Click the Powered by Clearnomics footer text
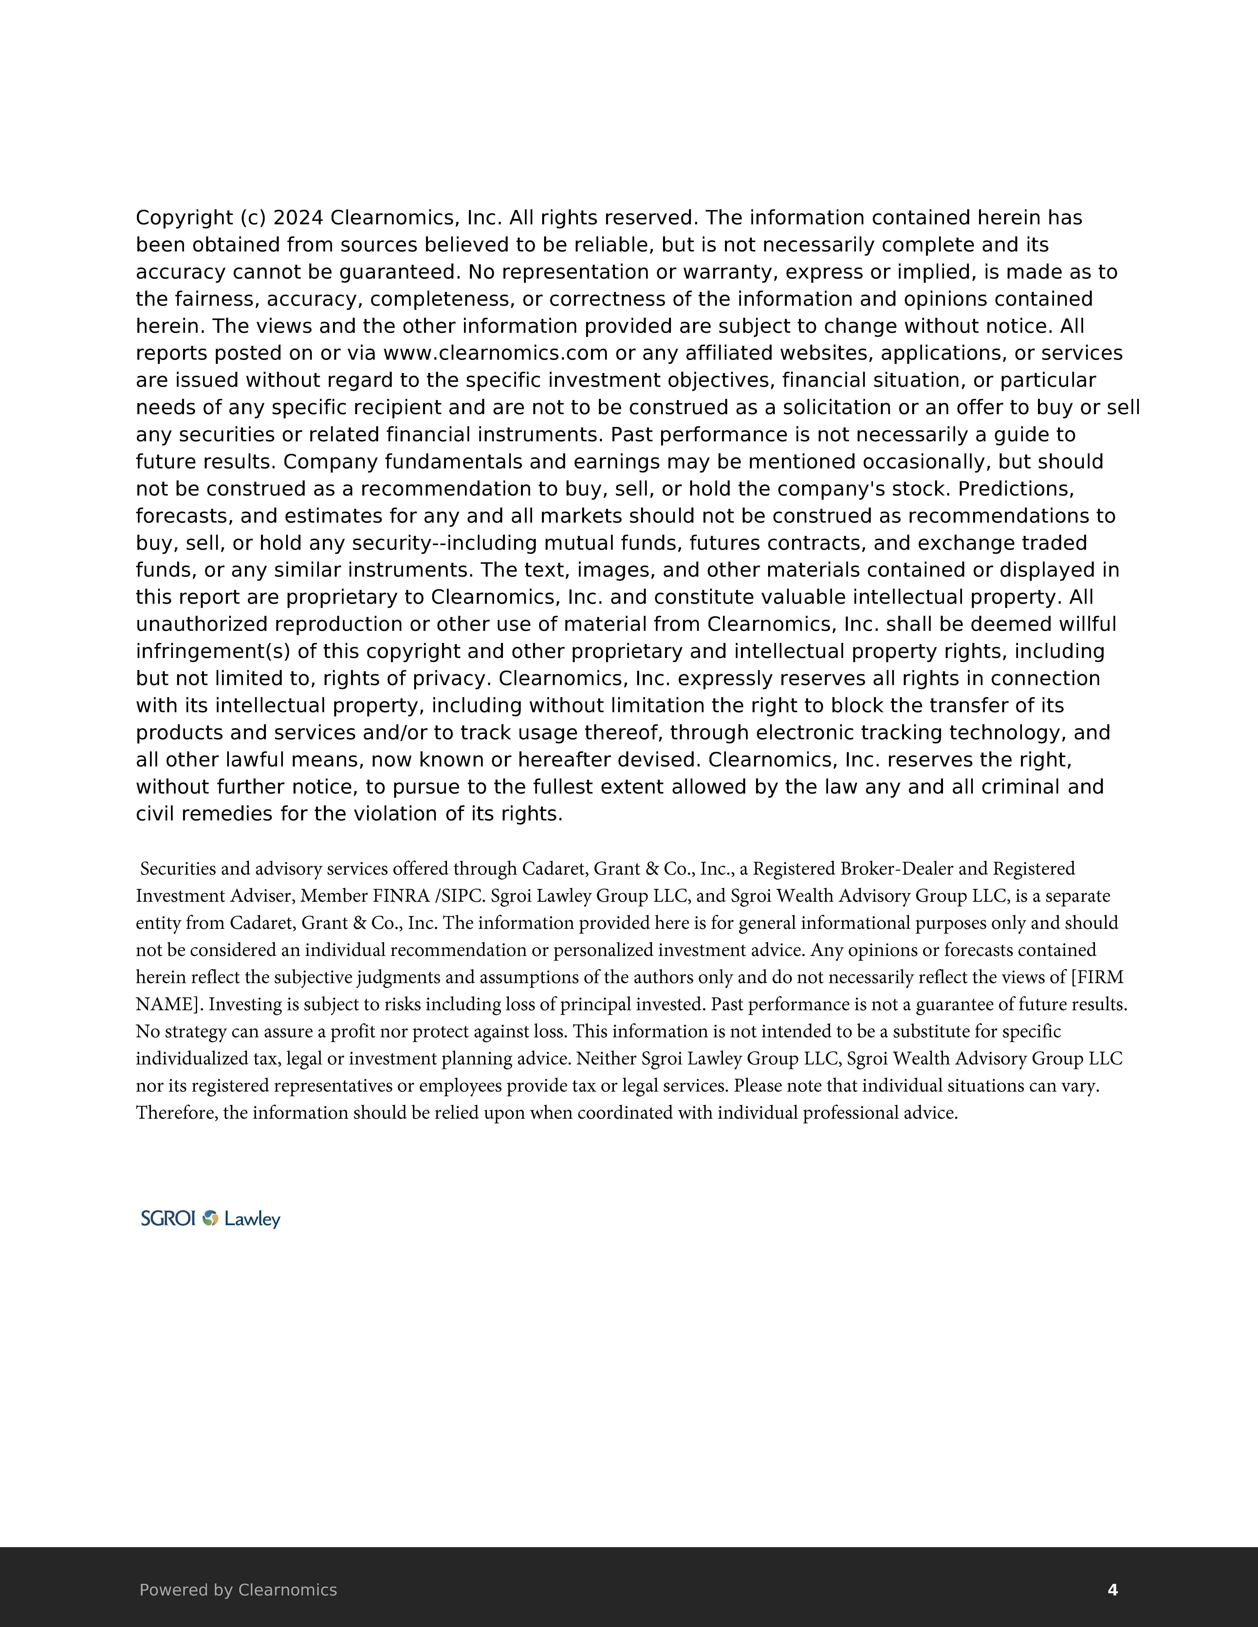coord(238,1590)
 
